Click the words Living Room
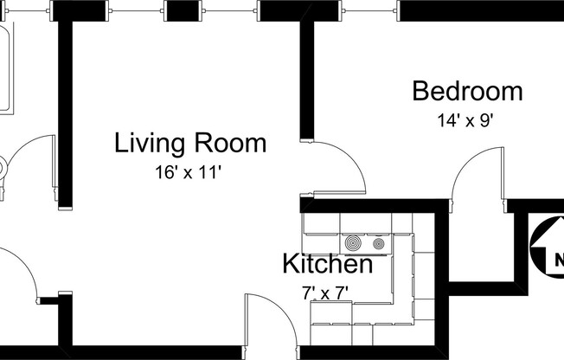[190, 143]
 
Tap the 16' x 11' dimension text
[189, 172]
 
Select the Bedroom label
[467, 91]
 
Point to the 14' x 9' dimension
[465, 120]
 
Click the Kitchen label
[329, 264]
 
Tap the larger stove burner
[355, 243]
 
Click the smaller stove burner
[378, 243]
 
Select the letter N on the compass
[558, 259]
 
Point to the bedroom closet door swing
[476, 177]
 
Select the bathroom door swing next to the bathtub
[35, 164]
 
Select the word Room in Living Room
[230, 143]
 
